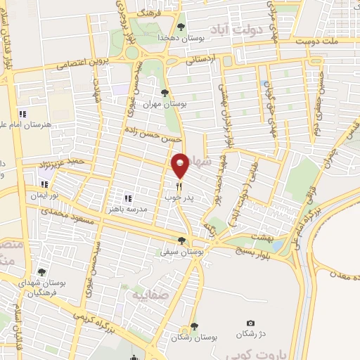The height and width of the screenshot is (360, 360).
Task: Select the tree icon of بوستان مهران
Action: point(165,93)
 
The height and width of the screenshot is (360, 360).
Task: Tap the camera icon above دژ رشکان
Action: point(252,323)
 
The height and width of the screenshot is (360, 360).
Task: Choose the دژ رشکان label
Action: point(252,334)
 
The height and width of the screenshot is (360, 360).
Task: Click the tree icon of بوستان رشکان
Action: point(194,327)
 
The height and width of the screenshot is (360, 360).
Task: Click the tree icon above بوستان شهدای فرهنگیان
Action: point(41,273)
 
